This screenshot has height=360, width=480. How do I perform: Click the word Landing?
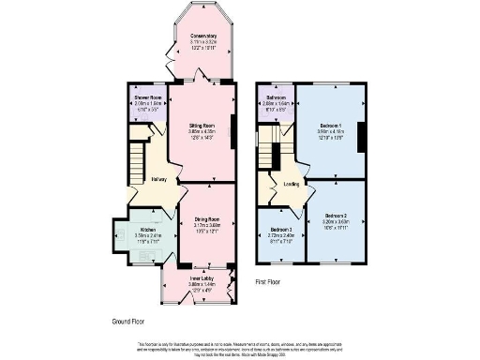(x=292, y=185)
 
